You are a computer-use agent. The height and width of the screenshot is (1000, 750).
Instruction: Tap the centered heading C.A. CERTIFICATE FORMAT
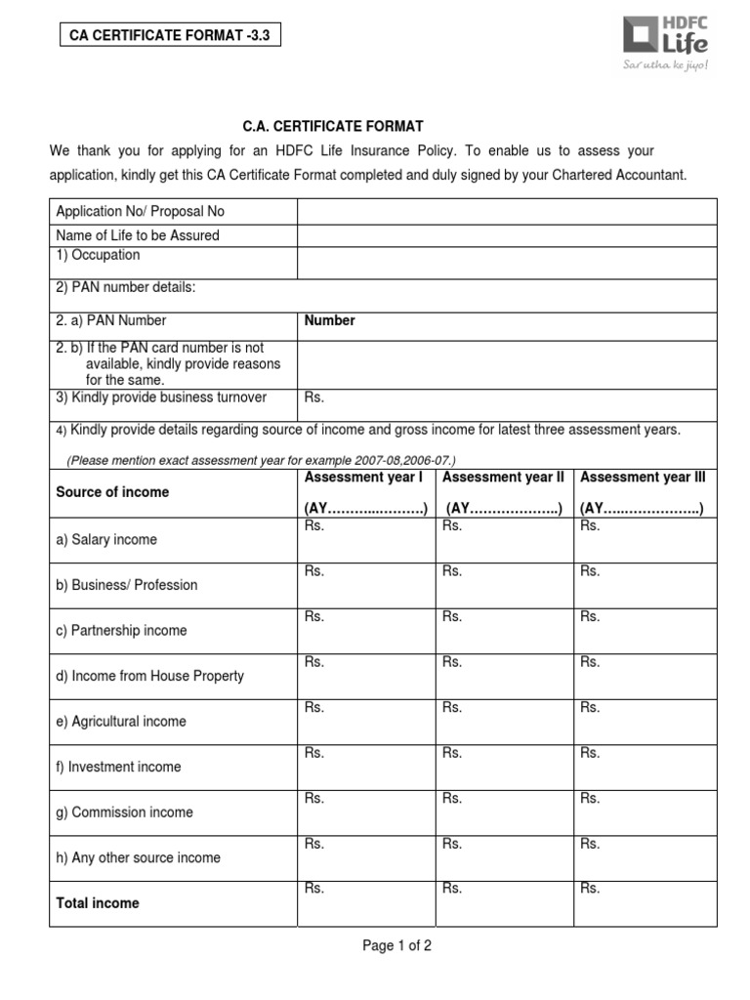(x=333, y=126)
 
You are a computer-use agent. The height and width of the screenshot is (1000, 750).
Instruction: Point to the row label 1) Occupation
(x=98, y=255)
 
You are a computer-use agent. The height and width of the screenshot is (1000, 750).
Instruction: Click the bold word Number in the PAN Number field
(x=330, y=320)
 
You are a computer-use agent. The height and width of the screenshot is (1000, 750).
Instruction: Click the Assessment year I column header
(x=365, y=492)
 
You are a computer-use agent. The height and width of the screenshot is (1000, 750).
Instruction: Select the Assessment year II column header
(x=503, y=492)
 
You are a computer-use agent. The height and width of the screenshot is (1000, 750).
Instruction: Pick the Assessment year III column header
(x=642, y=492)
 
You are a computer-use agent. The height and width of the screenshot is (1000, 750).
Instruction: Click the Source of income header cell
(x=112, y=492)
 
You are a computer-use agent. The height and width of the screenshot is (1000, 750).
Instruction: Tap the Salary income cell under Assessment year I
(x=365, y=540)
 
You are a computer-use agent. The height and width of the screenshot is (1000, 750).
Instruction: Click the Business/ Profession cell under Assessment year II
(x=503, y=585)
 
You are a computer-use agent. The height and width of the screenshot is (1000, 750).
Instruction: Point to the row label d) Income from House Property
(x=150, y=676)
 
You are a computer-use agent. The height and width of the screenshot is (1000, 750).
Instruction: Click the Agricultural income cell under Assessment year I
(x=365, y=722)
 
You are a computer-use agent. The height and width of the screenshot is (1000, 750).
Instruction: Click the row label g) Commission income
(x=125, y=812)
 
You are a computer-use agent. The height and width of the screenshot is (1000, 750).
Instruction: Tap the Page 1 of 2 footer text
(x=397, y=946)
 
